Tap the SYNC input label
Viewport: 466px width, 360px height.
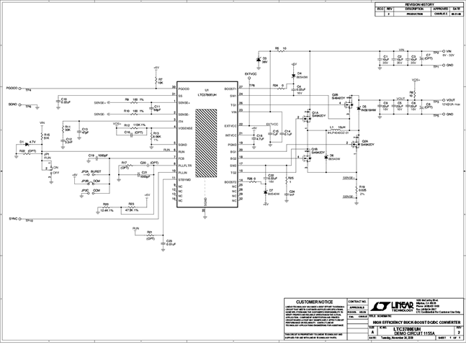14,217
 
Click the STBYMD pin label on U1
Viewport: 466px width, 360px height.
184,180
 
